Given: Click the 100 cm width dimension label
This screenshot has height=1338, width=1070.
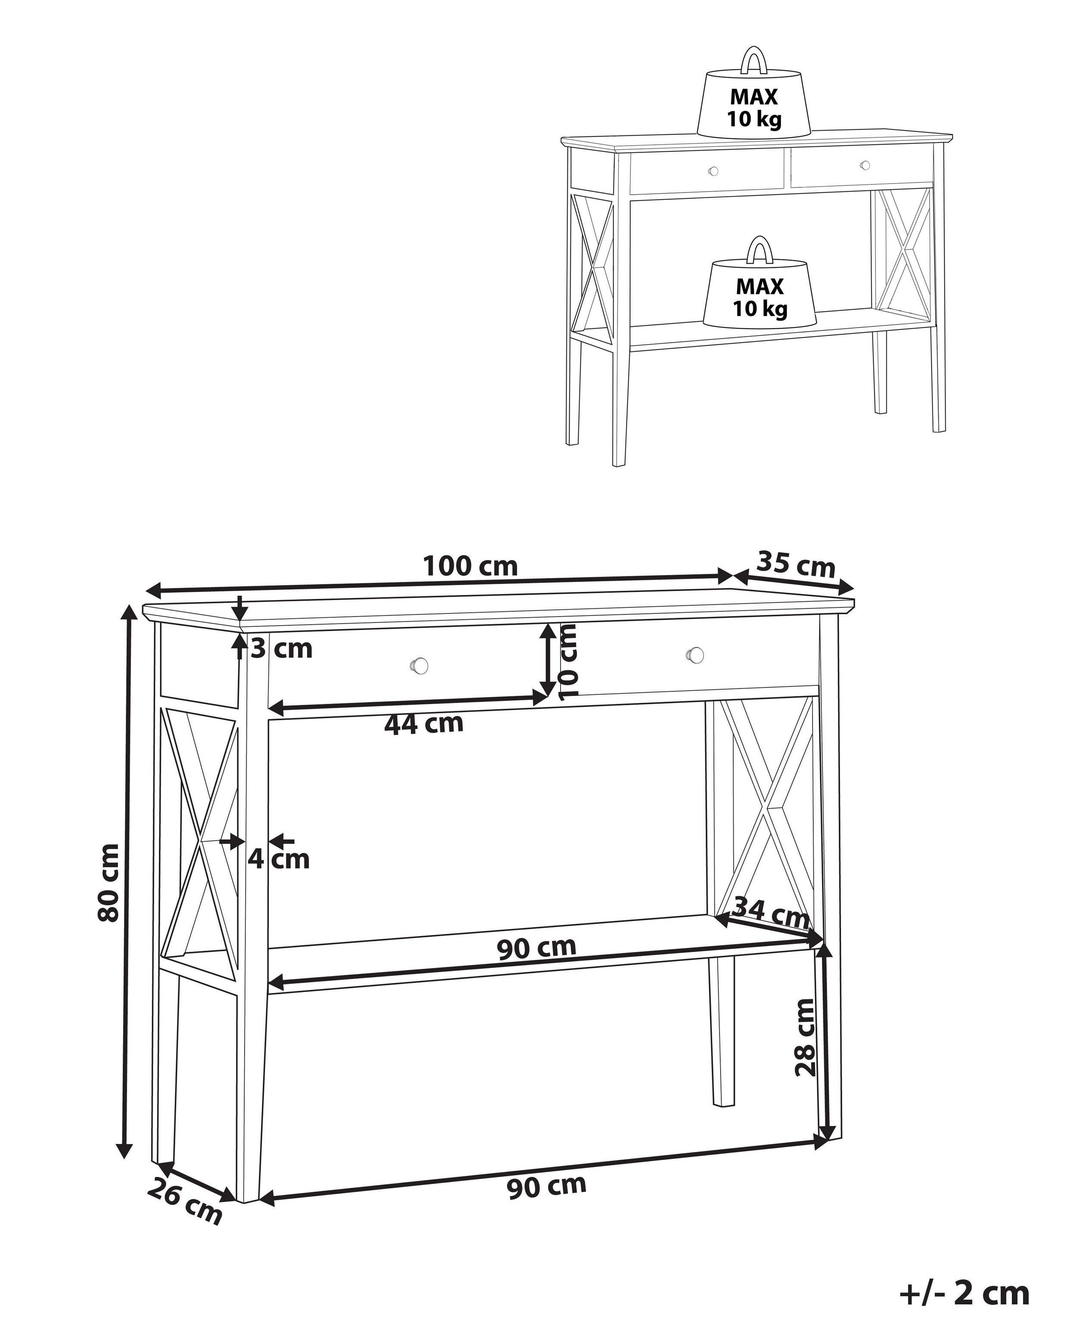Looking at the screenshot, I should click(x=470, y=566).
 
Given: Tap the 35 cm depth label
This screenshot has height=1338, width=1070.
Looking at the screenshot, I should click(x=796, y=564).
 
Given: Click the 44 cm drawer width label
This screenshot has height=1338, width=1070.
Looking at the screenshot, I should click(x=424, y=724).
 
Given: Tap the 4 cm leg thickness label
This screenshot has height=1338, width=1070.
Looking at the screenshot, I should click(x=279, y=859).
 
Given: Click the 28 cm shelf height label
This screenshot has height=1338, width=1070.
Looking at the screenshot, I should click(x=805, y=1036).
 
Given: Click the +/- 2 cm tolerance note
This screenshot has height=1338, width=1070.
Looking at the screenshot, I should click(x=964, y=1293).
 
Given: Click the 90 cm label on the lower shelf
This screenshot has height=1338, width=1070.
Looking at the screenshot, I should click(x=537, y=948).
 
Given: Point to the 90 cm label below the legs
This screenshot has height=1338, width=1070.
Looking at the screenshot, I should click(x=546, y=1186).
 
